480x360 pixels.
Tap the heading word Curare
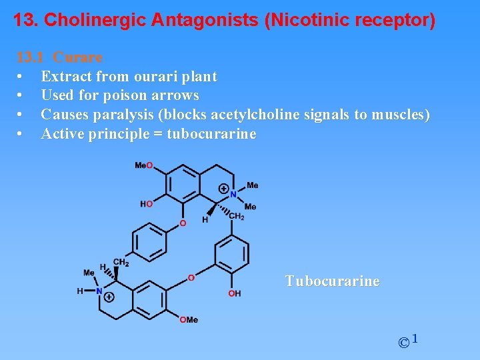[77, 57]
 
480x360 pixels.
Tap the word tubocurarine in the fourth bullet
[211, 134]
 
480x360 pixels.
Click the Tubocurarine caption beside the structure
[333, 281]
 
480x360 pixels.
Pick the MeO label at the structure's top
[143, 165]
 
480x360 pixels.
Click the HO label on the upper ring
[146, 204]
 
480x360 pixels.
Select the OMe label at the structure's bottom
[189, 320]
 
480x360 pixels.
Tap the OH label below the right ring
[234, 293]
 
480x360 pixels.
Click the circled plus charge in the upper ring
[223, 189]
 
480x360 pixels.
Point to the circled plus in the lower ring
[109, 297]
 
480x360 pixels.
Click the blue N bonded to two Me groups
[233, 195]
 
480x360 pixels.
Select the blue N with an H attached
[99, 291]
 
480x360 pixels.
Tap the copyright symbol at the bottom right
[403, 343]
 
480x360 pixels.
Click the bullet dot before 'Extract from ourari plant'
[22, 77]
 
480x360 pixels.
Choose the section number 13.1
[30, 57]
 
